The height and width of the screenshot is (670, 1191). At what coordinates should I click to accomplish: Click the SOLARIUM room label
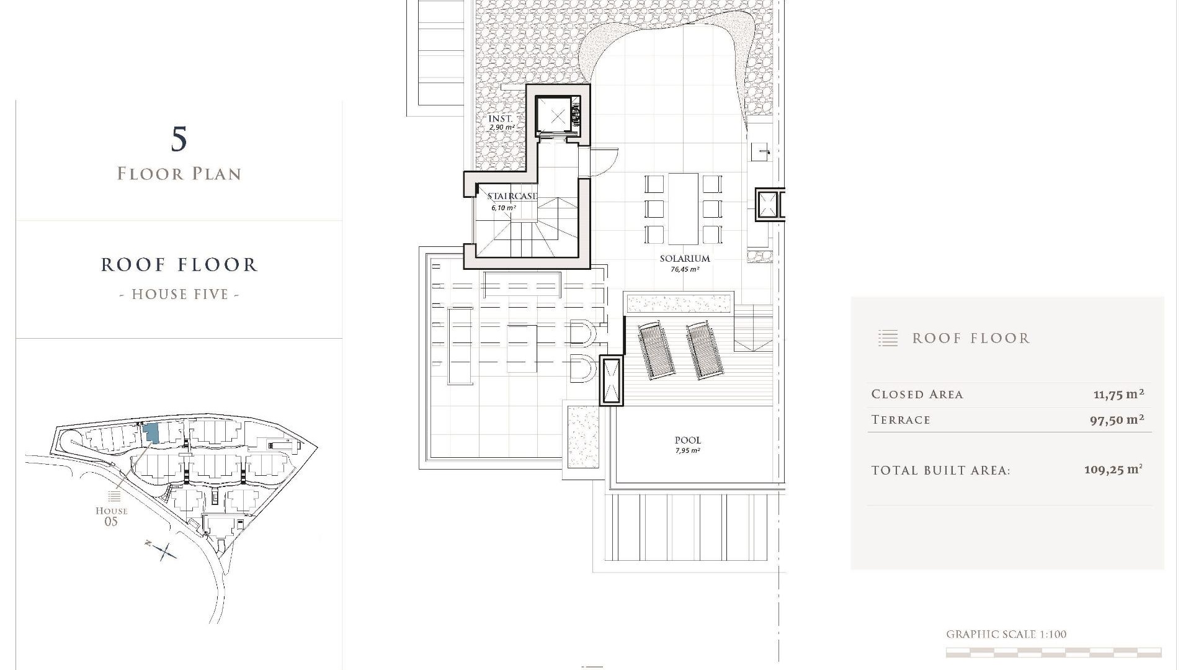pos(685,259)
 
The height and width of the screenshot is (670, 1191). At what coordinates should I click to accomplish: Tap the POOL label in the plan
pos(688,440)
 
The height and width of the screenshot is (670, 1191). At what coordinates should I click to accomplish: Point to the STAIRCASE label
pos(512,196)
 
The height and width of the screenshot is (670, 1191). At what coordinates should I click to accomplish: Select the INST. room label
pos(501,118)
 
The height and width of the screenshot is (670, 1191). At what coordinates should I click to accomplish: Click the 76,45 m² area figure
pos(685,270)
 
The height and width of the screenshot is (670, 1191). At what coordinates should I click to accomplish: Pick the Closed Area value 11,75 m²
pos(1118,394)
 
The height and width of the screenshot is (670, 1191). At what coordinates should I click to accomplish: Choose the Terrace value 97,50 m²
pos(1117,420)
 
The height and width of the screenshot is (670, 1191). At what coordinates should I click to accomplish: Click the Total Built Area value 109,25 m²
pos(1113,470)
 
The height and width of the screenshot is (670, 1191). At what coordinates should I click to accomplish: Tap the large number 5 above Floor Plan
pos(179,139)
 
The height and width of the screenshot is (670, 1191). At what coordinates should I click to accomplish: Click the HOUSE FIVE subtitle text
pos(180,294)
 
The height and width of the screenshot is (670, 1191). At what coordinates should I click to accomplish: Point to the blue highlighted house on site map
pos(151,433)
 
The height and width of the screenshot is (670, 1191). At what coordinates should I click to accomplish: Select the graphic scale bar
pos(1053,652)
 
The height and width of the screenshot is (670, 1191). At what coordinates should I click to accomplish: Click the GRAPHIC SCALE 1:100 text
pos(1006,634)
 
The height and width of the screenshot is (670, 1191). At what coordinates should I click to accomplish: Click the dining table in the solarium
pos(683,209)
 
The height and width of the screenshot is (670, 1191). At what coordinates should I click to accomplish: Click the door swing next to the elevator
pos(603,163)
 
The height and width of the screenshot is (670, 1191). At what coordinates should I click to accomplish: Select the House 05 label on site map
pos(111,516)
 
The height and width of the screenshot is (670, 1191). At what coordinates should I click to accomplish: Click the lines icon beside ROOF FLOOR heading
pos(888,338)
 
